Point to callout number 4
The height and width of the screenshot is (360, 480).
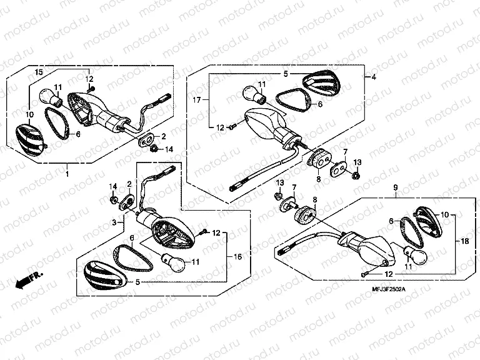pyautogui.click(x=373, y=77)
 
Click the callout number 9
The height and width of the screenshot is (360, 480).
pyautogui.click(x=394, y=187)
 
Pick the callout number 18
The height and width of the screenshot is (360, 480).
pyautogui.click(x=464, y=241)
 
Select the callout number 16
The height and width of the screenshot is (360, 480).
pyautogui.click(x=238, y=257)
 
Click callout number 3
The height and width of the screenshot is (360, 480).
pyautogui.click(x=114, y=222)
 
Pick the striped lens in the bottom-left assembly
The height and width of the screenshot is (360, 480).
pyautogui.click(x=102, y=276)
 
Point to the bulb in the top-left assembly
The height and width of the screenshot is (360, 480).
pyautogui.click(x=48, y=97)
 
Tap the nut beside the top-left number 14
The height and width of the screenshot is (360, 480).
pyautogui.click(x=152, y=148)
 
